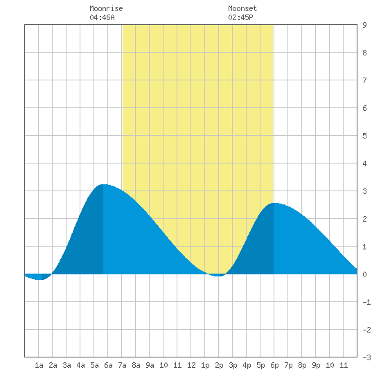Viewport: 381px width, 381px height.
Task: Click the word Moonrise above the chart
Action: pyautogui.click(x=106, y=8)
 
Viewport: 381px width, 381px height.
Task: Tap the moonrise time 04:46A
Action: pyautogui.click(x=102, y=17)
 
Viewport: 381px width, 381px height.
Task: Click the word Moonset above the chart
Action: pyautogui.click(x=242, y=8)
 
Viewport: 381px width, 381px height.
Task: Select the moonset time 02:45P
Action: pyautogui.click(x=240, y=17)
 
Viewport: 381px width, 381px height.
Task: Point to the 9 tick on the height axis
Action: pyautogui.click(x=364, y=25)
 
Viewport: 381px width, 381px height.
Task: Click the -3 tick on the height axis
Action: pyautogui.click(x=366, y=357)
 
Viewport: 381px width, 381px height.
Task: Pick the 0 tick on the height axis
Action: pyautogui.click(x=364, y=274)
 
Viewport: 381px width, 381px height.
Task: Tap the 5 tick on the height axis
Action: pyautogui.click(x=364, y=136)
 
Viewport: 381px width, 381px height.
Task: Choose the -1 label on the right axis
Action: pyautogui.click(x=366, y=302)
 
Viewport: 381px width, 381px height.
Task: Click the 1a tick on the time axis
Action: pyautogui.click(x=39, y=365)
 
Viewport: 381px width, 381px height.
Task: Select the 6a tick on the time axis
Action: pyautogui.click(x=108, y=365)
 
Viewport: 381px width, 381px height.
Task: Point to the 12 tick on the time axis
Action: pyautogui.click(x=191, y=365)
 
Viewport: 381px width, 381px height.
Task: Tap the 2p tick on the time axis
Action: pyautogui.click(x=219, y=365)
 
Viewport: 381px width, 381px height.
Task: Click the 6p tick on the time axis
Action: pyautogui.click(x=274, y=365)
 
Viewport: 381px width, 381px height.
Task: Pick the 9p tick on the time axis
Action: pyautogui.click(x=316, y=365)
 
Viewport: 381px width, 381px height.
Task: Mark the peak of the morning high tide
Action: pyautogui.click(x=104, y=184)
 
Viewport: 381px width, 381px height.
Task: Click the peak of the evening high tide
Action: pyautogui.click(x=274, y=203)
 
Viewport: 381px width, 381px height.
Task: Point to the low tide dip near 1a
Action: pyautogui.click(x=39, y=279)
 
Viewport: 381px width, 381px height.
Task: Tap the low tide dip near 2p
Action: pyautogui.click(x=218, y=276)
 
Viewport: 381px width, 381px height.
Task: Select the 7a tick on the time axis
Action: pyautogui.click(x=122, y=365)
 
